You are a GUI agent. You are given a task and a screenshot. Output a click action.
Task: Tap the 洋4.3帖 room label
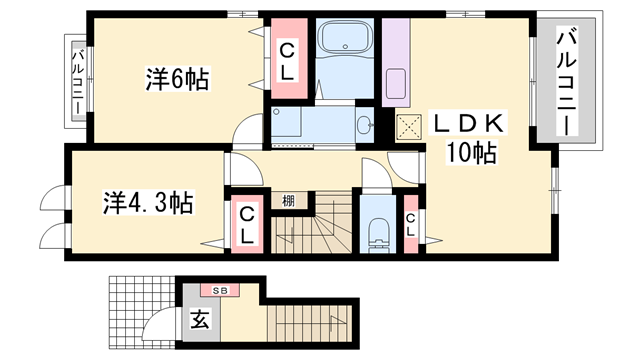coord(148,203)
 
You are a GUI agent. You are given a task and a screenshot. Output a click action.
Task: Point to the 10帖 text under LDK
coord(470,153)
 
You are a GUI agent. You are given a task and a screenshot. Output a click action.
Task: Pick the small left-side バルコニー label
coord(77,83)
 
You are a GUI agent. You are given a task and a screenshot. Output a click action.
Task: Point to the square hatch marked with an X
coord(407,126)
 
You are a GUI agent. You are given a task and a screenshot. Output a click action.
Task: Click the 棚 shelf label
coord(289,200)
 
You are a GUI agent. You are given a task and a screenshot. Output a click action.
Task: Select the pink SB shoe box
coord(219,289)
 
